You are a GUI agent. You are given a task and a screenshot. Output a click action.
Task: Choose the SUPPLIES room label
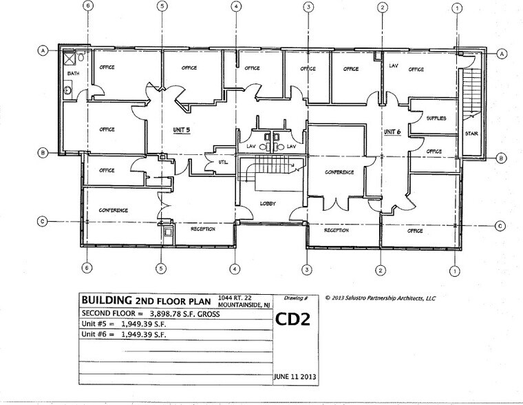(436, 118)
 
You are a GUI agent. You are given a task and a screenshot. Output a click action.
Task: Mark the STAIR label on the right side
(471, 134)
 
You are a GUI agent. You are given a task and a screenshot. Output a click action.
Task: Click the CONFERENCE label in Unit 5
(114, 210)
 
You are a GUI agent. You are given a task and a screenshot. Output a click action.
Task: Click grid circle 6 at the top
(87, 8)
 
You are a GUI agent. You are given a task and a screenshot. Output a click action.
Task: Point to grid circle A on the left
(43, 51)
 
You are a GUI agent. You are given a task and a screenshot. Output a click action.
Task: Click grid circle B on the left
(43, 152)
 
